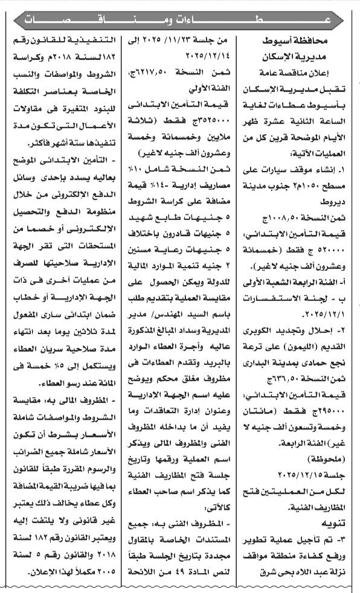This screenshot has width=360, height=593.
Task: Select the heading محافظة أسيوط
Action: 300,43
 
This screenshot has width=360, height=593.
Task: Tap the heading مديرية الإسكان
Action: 300,58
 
